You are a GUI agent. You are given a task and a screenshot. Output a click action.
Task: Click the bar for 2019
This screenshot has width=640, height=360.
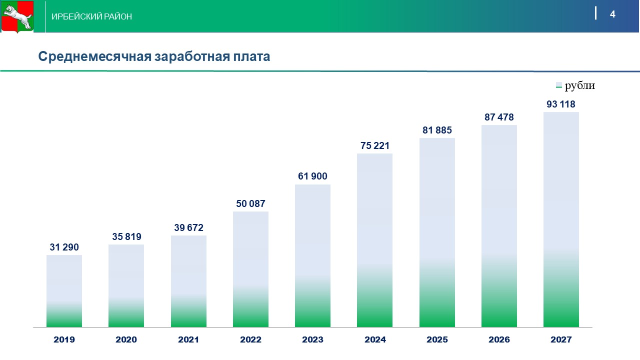pos(64,291)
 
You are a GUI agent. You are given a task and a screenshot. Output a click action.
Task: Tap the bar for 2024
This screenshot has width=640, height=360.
pos(374,240)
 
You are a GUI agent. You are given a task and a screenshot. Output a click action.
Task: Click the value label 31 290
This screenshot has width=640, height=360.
pos(64,247)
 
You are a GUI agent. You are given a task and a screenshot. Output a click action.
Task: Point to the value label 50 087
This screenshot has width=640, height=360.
pos(250,203)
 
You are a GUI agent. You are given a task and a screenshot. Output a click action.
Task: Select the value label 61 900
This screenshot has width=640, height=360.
pos(312,176)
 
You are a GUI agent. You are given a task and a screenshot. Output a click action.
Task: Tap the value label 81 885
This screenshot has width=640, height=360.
pos(437,130)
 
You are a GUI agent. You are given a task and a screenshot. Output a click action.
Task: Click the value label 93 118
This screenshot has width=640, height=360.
pos(561,104)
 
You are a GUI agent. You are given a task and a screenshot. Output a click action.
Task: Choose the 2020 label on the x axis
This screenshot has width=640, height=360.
pos(126,339)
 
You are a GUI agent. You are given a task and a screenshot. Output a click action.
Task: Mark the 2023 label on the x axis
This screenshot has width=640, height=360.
pos(312,339)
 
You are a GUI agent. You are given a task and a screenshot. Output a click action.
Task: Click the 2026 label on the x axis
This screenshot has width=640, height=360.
pos(499,339)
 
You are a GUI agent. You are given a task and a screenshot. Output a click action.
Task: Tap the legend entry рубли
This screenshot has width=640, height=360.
pos(579,85)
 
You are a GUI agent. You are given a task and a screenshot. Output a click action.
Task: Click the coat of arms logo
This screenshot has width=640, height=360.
pos(17,16)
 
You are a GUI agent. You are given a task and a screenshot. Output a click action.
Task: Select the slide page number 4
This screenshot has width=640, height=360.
pos(612,14)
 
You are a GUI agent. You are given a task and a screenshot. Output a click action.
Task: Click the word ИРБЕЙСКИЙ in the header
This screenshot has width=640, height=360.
pos(77,17)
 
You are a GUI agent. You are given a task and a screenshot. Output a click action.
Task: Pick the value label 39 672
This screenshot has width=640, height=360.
pos(188,227)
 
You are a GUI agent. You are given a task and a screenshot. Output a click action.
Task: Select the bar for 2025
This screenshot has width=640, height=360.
pos(437,232)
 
